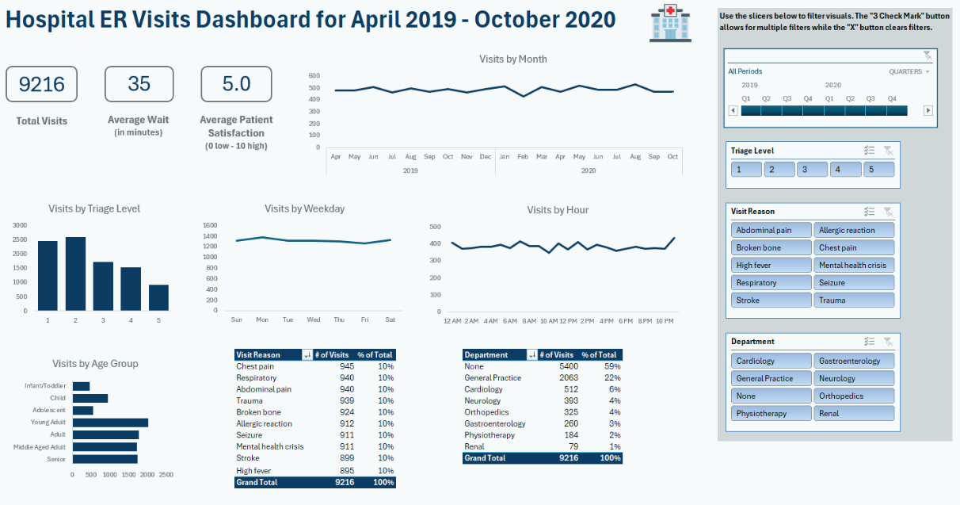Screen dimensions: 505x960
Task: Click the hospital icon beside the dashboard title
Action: (x=665, y=22)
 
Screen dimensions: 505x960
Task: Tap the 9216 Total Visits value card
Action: (x=41, y=85)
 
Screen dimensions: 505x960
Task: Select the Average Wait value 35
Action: (x=139, y=84)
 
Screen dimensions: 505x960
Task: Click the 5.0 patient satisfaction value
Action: (x=236, y=84)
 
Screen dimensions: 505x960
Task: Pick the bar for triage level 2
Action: (x=76, y=274)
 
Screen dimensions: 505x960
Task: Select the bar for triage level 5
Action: (x=158, y=297)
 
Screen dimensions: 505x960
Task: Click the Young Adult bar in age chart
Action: (x=110, y=423)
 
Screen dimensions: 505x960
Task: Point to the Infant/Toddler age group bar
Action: (x=81, y=386)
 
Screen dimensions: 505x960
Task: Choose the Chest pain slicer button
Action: (x=854, y=247)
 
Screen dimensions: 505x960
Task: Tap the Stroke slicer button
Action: (x=771, y=300)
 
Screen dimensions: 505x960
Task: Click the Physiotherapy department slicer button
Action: (x=771, y=413)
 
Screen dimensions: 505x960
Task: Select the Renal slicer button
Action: (x=854, y=413)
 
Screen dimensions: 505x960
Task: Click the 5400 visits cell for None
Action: (x=568, y=366)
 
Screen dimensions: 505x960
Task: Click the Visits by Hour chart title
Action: (x=558, y=210)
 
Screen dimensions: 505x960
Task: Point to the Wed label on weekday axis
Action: (x=314, y=319)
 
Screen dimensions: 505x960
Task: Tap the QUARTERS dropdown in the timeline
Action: (x=909, y=71)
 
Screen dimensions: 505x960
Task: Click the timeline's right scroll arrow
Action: (x=928, y=110)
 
